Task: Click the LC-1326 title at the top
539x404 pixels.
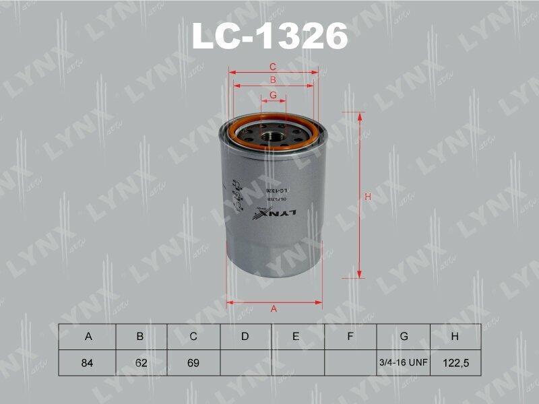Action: click(269, 36)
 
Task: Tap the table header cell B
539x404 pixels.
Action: click(140, 337)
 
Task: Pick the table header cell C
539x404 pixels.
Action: click(193, 337)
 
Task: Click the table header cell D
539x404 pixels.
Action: click(245, 337)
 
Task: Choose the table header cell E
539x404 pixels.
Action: click(296, 337)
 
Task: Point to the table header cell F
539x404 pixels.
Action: click(350, 337)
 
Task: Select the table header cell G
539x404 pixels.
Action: click(403, 337)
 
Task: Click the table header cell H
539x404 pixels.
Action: click(455, 337)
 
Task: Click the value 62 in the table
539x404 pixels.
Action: click(140, 363)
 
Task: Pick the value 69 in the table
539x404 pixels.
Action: click(193, 363)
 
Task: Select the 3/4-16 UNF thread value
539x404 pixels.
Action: click(403, 363)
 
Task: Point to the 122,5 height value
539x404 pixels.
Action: click(455, 363)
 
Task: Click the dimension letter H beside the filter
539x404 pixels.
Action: click(368, 197)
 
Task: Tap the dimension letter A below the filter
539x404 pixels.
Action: click(274, 309)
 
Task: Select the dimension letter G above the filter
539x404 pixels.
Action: click(274, 95)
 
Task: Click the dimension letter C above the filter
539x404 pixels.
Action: click(273, 67)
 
